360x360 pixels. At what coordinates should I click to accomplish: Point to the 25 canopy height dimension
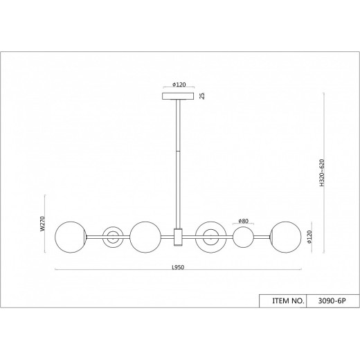(x=202, y=96)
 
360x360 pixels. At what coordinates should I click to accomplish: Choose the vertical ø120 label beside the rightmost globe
(x=308, y=236)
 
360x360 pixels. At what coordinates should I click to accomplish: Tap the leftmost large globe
(x=69, y=237)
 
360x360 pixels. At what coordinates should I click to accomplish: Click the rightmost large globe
(x=285, y=237)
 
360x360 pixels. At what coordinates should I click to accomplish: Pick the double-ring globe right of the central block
(x=210, y=237)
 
